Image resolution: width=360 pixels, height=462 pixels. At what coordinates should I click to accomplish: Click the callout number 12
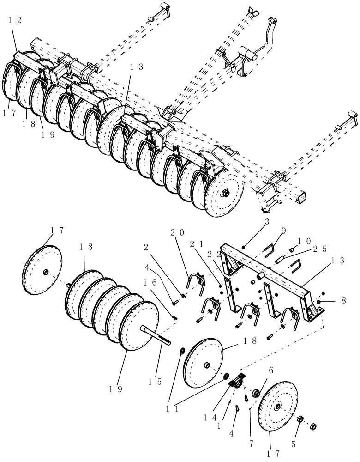coord(14,21)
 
